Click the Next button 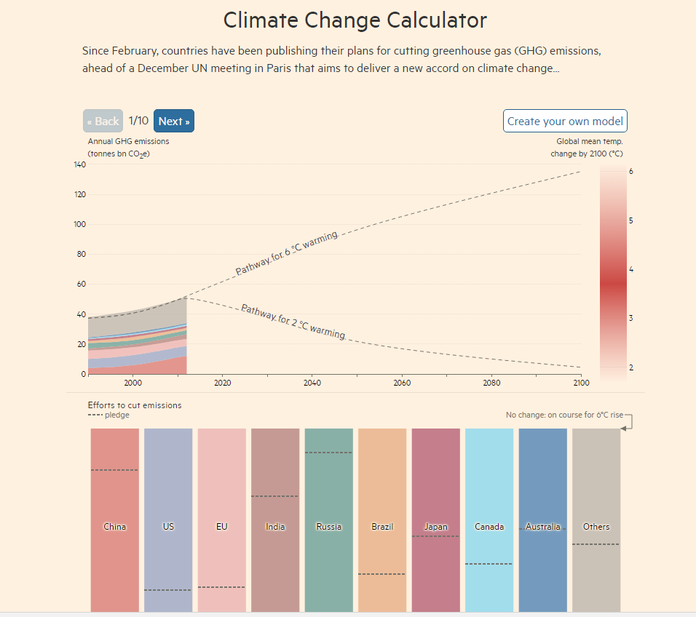(174, 122)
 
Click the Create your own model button (565, 122)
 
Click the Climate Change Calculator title (355, 20)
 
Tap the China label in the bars (114, 527)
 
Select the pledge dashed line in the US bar (168, 590)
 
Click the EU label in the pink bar (221, 527)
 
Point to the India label (275, 527)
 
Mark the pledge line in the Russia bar (328, 453)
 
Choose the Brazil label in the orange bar (382, 527)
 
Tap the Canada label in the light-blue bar (489, 527)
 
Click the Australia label (543, 527)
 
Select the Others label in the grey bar (596, 527)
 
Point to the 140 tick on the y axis (80, 165)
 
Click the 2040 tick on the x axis (312, 383)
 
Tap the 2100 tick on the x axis (581, 383)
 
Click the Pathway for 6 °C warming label (286, 253)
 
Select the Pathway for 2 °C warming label (293, 322)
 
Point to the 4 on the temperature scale (630, 269)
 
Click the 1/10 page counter (138, 121)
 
